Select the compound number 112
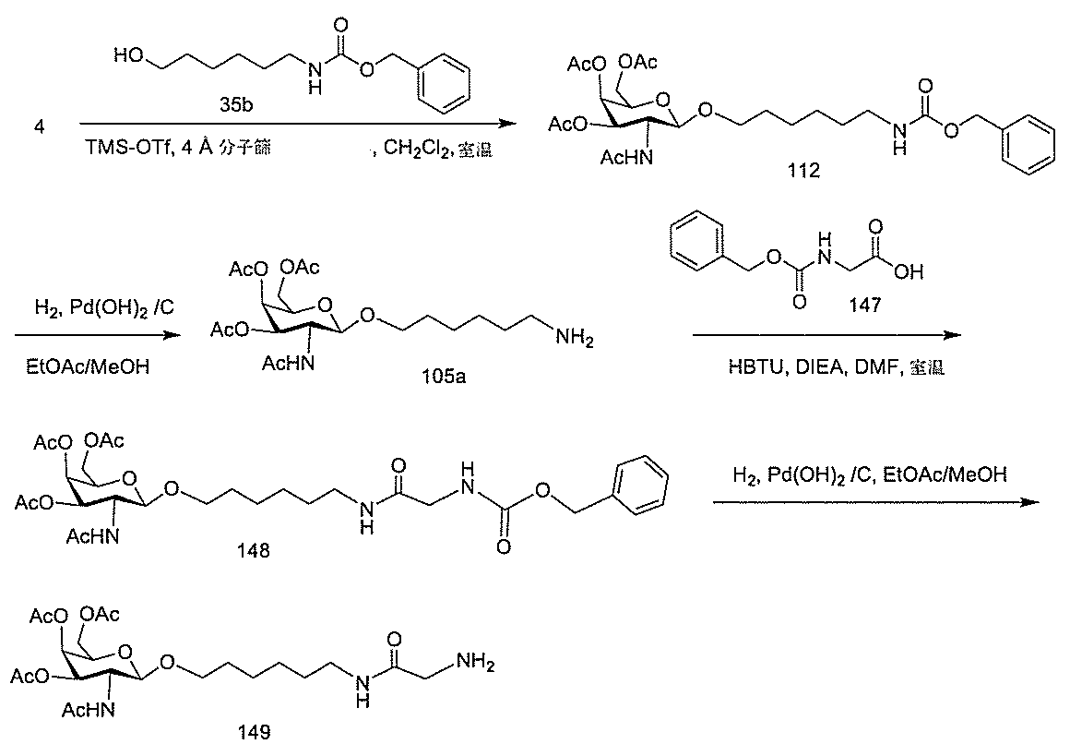pos(803,173)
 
